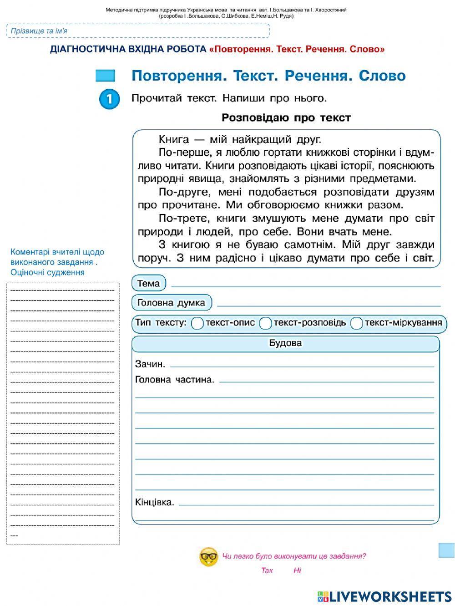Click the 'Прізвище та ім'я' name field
pos(137,31)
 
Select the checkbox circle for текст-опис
pos(197,323)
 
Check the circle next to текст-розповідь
pos(265,323)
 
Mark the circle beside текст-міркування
pos(357,323)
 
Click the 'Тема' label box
pos(149,283)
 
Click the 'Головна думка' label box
pos(172,302)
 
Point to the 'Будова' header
pos(285,343)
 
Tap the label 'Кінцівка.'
pos(155,502)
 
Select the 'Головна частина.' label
pos(175,380)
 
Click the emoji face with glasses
pos(209,556)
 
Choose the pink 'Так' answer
pos(267,570)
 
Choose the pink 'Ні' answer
pos(297,570)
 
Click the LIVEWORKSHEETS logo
pos(384,596)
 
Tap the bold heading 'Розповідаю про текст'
pos(286,118)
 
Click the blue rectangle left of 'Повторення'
pos(105,76)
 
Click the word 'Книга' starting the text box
pos(174,139)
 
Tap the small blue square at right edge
pos(446,550)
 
